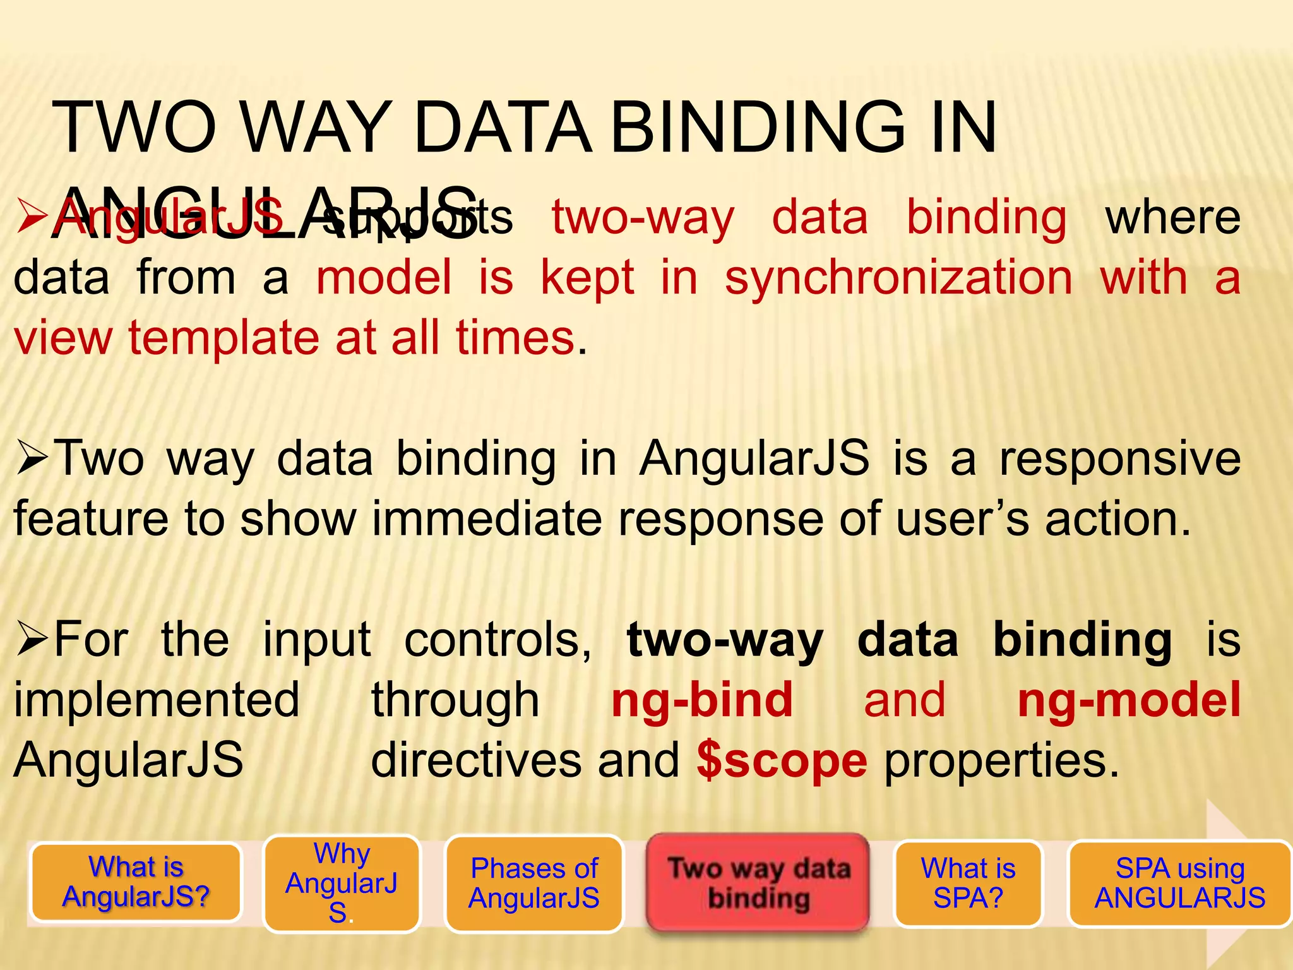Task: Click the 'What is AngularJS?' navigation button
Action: [136, 882]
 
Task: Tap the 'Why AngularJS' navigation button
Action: [342, 882]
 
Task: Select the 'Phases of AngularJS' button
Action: [534, 883]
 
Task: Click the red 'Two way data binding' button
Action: [758, 882]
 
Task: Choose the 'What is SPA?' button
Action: [968, 883]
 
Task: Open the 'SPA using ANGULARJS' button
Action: [1179, 883]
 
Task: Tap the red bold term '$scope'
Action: [782, 760]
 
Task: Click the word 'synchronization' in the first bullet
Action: [898, 278]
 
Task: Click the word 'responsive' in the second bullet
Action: [1120, 458]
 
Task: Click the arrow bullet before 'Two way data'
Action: [32, 459]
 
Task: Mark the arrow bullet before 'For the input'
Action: [32, 640]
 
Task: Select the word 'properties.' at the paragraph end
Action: [1001, 760]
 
